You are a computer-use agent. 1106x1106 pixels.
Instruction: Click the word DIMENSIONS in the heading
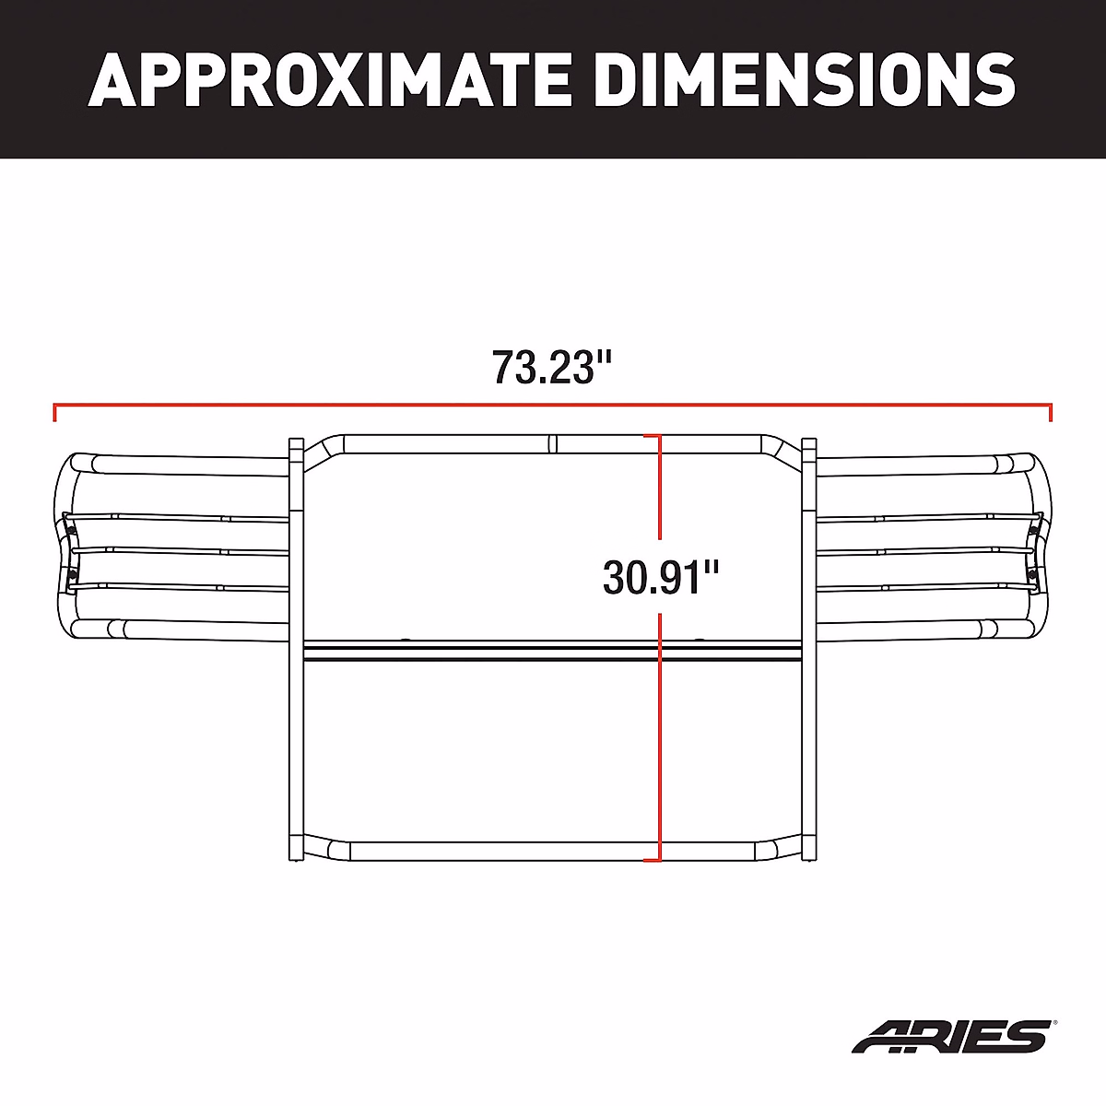[805, 79]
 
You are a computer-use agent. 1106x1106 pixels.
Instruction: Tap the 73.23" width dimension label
[552, 367]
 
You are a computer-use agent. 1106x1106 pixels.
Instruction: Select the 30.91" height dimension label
[660, 578]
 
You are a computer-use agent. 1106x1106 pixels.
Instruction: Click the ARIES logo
[949, 1035]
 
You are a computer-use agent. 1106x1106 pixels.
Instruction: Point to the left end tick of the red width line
[55, 413]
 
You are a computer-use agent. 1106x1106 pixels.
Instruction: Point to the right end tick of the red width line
[1051, 413]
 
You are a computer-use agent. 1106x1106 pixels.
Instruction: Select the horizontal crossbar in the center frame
[553, 652]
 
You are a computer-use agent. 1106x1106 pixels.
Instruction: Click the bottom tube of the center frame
[553, 851]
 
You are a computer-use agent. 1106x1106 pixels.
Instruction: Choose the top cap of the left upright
[297, 443]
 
